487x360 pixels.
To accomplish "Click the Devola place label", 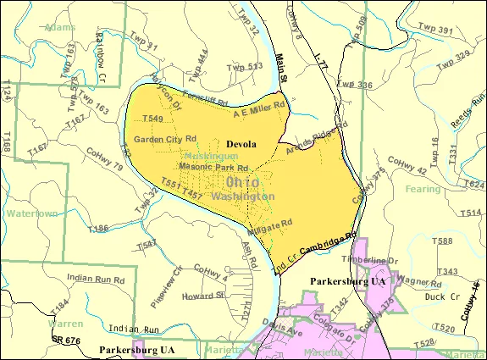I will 241,144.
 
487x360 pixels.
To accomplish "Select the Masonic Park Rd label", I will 202,167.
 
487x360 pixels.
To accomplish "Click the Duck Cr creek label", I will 433,298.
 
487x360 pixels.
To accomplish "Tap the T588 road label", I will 440,242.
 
